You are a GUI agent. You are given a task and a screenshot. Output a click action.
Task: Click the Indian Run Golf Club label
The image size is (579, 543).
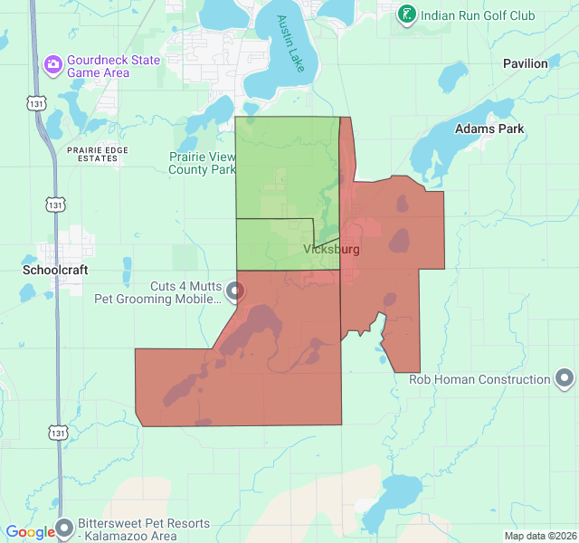click(x=479, y=15)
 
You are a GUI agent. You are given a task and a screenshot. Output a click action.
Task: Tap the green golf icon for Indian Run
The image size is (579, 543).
click(x=408, y=14)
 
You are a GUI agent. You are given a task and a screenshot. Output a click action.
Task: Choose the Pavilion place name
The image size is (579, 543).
click(x=526, y=63)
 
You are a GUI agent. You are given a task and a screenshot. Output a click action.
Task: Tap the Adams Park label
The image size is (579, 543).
click(x=489, y=129)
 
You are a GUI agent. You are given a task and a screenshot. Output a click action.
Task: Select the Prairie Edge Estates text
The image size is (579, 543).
click(x=91, y=154)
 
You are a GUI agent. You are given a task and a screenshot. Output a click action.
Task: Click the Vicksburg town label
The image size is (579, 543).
click(x=331, y=249)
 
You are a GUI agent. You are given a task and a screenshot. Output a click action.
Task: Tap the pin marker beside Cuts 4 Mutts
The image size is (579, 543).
click(x=235, y=291)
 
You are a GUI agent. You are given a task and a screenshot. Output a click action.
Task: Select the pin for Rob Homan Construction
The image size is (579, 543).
click(x=565, y=378)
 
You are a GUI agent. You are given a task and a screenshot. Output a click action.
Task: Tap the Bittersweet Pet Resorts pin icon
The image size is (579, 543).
click(x=64, y=528)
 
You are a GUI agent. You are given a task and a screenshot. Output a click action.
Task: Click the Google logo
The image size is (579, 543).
click(x=30, y=532)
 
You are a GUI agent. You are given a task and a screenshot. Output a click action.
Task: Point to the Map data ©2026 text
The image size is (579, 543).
click(x=539, y=536)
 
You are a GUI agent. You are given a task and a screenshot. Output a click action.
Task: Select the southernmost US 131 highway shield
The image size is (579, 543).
click(x=58, y=433)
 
